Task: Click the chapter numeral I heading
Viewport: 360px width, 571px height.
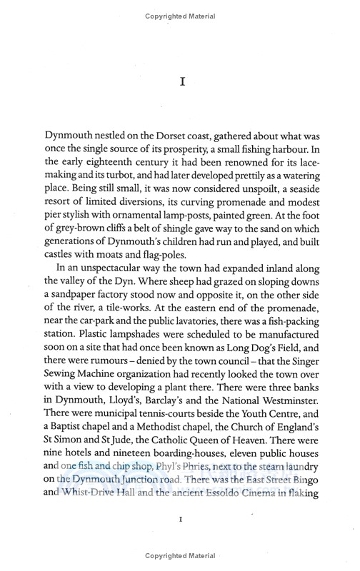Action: (x=180, y=83)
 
